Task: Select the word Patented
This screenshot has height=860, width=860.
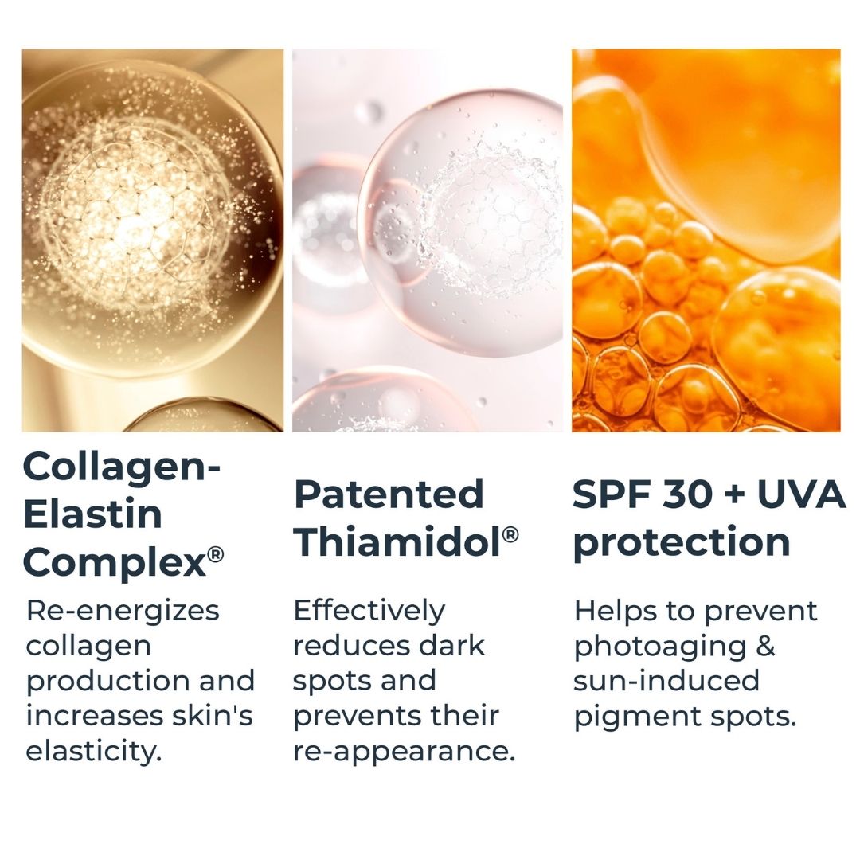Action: pos(389,494)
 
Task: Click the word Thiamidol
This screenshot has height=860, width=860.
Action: pos(398,541)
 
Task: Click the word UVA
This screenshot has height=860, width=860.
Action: pos(802,494)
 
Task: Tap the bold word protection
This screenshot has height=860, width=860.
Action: pos(682,543)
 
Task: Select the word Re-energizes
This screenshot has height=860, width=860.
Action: pos(123,612)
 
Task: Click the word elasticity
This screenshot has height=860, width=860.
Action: pos(94,750)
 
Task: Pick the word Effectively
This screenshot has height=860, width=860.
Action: pos(369,611)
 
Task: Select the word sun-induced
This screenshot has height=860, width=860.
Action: pos(666,681)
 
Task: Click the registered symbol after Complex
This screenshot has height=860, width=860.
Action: pos(216,555)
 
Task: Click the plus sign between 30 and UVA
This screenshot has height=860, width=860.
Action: pos(736,495)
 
